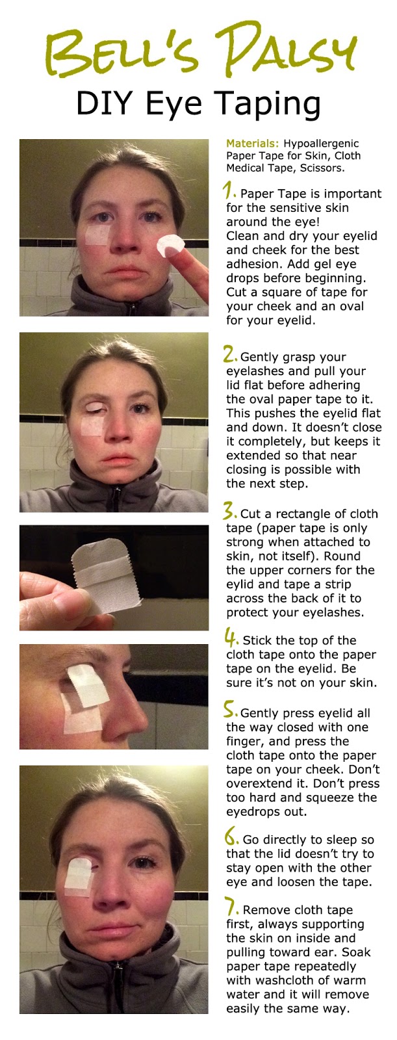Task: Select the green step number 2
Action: click(231, 354)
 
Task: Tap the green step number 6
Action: click(232, 836)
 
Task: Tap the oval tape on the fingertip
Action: click(170, 246)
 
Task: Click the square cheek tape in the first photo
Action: click(97, 235)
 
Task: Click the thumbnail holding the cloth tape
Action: click(64, 599)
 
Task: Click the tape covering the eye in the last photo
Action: click(78, 874)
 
